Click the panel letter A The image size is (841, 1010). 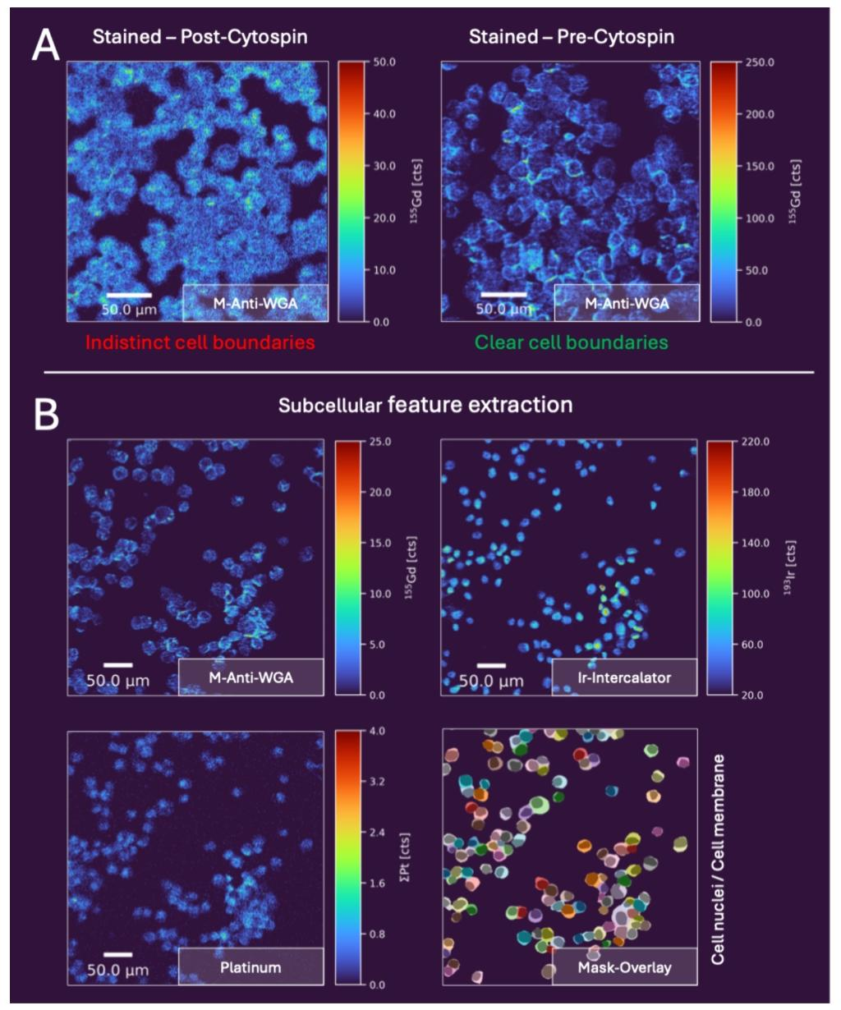[x=45, y=44]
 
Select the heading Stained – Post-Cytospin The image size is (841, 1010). [x=200, y=37]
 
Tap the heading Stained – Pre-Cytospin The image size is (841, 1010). [x=572, y=37]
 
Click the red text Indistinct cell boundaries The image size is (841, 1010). [x=200, y=342]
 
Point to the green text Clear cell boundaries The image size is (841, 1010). [x=571, y=342]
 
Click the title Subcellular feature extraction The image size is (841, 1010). [x=425, y=404]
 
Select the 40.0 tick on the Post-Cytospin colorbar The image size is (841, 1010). [x=384, y=114]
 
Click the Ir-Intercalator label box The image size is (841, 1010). [x=624, y=677]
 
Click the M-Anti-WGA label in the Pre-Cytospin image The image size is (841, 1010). [x=627, y=303]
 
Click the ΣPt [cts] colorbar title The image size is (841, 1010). [x=406, y=857]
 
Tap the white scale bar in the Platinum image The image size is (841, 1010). [x=118, y=955]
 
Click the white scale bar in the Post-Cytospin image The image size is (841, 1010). [x=129, y=295]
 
